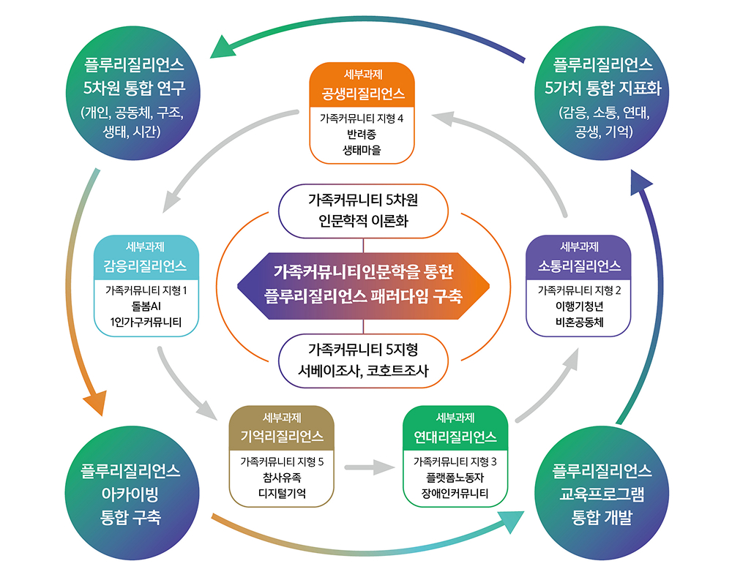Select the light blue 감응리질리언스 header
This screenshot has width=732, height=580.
pyautogui.click(x=146, y=257)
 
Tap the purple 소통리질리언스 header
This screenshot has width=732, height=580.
pyautogui.click(x=578, y=257)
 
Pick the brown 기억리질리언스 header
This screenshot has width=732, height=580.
pyautogui.click(x=282, y=428)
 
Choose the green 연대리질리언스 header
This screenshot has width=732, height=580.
pyautogui.click(x=455, y=428)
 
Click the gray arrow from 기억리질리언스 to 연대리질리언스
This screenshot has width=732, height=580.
pyautogui.click(x=370, y=466)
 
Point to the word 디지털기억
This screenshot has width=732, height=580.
pyautogui.click(x=282, y=493)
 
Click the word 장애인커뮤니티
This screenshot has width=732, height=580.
pyautogui.click(x=455, y=493)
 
